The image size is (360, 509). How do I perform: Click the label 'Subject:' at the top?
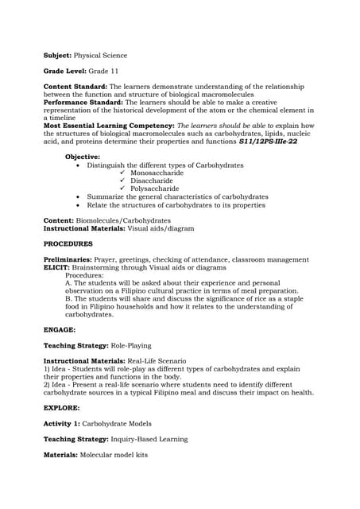coord(56,56)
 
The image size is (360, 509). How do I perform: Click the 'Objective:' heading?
coord(83,157)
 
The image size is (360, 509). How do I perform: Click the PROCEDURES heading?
coord(68,243)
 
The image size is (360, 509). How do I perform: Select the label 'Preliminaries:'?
coord(68,259)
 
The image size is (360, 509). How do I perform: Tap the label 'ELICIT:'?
coord(56,267)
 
